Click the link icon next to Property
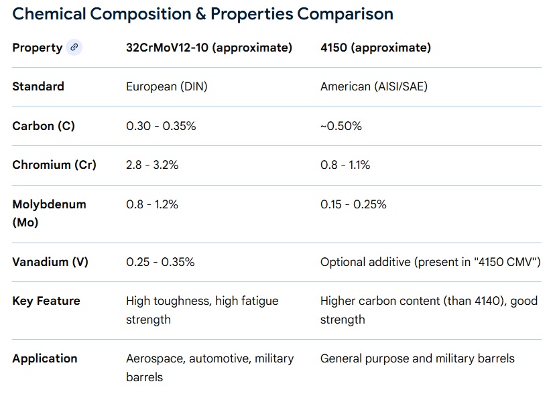tap(74, 48)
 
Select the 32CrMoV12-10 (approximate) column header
tap(209, 48)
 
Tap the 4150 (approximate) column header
tap(375, 48)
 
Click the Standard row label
tap(38, 86)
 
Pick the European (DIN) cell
tap(167, 86)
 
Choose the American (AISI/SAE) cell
tap(373, 86)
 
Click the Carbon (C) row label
tap(44, 126)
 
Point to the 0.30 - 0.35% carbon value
tap(161, 126)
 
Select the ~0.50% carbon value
tap(341, 126)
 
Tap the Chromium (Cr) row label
tap(54, 165)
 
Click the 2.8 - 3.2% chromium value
tap(152, 165)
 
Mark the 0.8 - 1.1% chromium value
tap(345, 165)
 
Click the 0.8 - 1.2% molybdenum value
tap(152, 204)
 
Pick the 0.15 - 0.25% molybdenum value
tap(353, 204)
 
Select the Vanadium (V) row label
tap(50, 262)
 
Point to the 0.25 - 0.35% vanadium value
tap(160, 262)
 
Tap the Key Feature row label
tap(46, 301)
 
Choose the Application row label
tap(45, 358)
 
